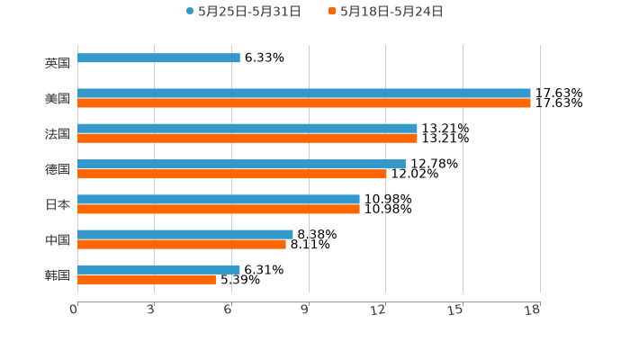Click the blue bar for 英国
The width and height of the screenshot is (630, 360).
click(x=158, y=58)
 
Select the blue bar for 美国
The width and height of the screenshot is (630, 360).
click(x=304, y=94)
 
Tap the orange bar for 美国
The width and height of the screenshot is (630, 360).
click(x=304, y=103)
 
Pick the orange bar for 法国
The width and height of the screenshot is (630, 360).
click(x=247, y=139)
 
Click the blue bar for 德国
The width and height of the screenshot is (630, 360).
click(x=241, y=164)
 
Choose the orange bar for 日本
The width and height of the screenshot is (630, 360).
click(x=219, y=209)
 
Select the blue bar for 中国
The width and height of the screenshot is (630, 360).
click(x=185, y=234)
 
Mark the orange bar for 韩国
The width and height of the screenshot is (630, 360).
click(x=147, y=280)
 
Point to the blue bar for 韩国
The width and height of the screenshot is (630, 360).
click(x=158, y=269)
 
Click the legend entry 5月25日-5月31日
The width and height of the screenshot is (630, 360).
click(x=243, y=12)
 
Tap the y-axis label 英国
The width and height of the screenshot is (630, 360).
click(x=58, y=64)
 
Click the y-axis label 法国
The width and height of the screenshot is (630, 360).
click(x=58, y=134)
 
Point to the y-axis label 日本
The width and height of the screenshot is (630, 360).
click(x=58, y=204)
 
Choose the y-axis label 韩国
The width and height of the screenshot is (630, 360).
click(x=58, y=274)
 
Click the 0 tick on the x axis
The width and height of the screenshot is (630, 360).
click(x=74, y=310)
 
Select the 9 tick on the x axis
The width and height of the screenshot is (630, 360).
click(x=305, y=310)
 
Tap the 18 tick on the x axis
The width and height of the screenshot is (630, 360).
click(x=533, y=310)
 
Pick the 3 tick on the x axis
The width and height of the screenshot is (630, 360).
click(x=151, y=310)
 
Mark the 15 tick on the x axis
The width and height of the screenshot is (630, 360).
click(x=456, y=310)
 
